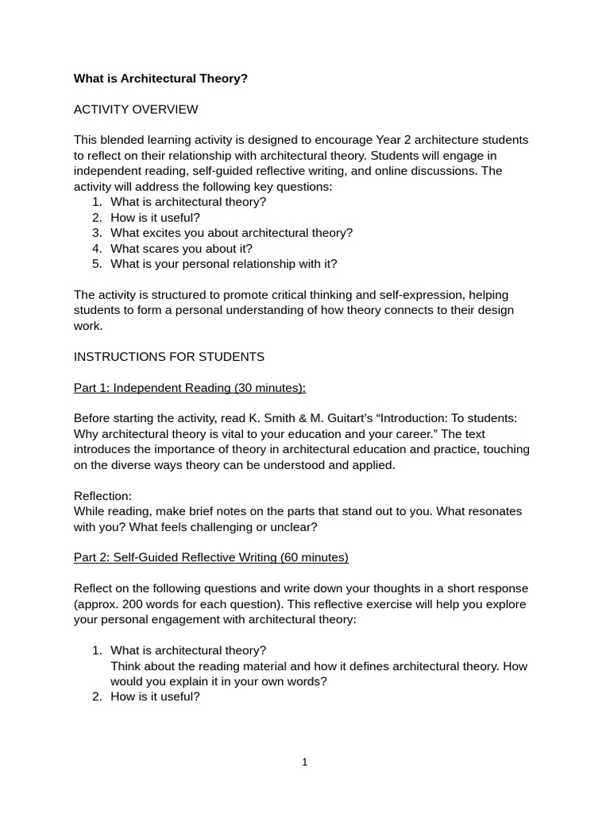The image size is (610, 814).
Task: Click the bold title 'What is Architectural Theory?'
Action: (160, 79)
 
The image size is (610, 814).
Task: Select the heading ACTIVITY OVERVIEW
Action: (136, 110)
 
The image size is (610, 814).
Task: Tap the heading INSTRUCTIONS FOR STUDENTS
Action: (169, 357)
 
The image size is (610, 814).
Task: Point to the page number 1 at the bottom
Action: (304, 762)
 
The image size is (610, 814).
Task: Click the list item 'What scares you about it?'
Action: (181, 249)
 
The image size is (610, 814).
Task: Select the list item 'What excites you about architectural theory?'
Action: (231, 233)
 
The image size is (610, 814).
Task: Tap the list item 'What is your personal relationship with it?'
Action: (223, 264)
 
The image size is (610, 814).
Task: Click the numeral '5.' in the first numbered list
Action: (97, 264)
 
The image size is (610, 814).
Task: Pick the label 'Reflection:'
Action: (102, 496)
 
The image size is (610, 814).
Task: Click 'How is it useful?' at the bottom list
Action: (155, 697)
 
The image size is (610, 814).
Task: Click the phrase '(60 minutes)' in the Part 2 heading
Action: (314, 558)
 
